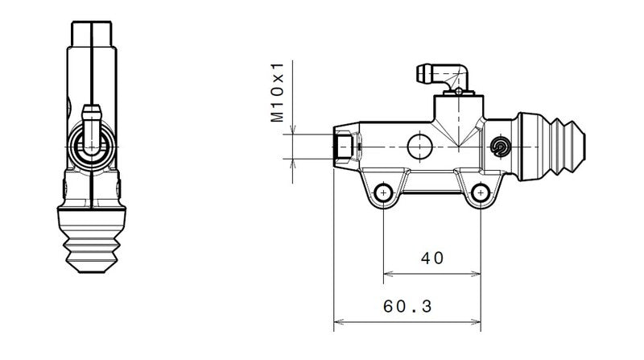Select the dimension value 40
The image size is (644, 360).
click(432, 258)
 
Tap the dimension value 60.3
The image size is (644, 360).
click(408, 307)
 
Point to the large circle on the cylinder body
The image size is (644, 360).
click(420, 147)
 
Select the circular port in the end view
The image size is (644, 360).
click(93, 146)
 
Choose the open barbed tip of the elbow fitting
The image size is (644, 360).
click(421, 75)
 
